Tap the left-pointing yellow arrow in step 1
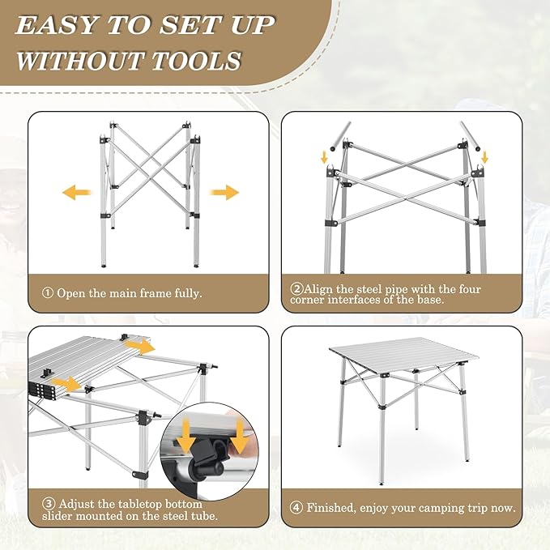(x=76, y=193)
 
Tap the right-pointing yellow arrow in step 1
(x=225, y=193)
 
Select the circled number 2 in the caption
(x=296, y=288)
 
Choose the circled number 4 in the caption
(x=296, y=509)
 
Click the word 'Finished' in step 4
(x=331, y=509)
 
